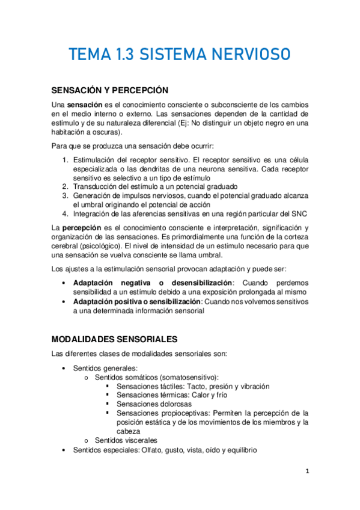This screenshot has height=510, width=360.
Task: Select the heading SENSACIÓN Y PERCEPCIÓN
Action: (x=109, y=91)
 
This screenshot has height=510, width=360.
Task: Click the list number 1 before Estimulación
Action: (x=66, y=161)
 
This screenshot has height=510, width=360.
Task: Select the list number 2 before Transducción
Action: (x=66, y=187)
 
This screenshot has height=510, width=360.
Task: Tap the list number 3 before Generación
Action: (x=66, y=196)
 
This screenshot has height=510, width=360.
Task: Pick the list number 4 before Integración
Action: (x=66, y=214)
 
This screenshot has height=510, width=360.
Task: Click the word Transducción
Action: (x=96, y=187)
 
